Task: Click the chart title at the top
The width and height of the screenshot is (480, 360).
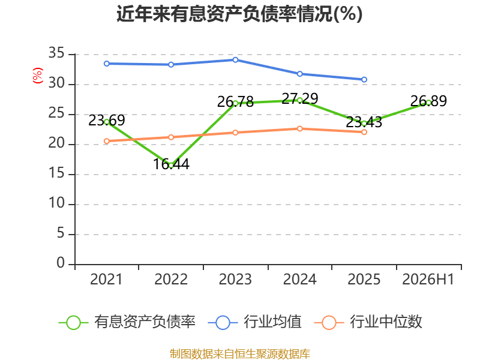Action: point(239,14)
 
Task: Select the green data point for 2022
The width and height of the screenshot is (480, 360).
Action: point(171,166)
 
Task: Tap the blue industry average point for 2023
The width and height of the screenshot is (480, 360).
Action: point(235,60)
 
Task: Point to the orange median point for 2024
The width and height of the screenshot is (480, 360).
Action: point(299,128)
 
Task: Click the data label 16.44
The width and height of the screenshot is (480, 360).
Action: point(171,164)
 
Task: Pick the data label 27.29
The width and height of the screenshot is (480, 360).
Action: point(299,98)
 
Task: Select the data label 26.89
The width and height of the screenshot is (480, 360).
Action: point(428,101)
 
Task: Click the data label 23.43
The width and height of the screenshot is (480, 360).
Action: point(364,122)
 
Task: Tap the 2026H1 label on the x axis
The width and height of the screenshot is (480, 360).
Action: point(428,279)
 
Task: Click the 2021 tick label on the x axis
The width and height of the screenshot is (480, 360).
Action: point(106,279)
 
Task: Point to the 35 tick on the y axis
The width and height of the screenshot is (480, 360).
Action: point(56,53)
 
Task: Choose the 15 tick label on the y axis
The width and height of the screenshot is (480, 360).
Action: point(56,173)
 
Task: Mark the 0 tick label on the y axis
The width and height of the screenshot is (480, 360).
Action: point(61,263)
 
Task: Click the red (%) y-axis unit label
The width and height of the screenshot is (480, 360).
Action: point(38,76)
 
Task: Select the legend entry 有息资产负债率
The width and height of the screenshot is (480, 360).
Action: point(127,322)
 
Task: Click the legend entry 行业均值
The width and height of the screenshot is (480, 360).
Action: point(254,322)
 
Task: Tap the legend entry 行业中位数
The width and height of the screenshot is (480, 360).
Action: point(368,322)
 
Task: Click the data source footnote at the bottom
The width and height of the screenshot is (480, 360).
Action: point(240,353)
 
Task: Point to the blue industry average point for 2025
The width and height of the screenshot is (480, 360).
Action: point(364,80)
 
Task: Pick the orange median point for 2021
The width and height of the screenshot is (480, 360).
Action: point(107,141)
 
